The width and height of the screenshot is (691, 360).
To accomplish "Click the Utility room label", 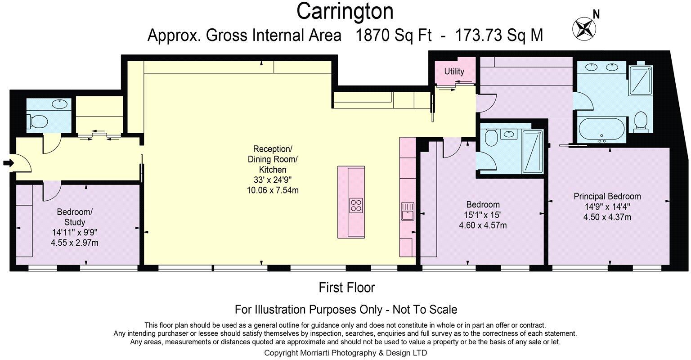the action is [454, 71].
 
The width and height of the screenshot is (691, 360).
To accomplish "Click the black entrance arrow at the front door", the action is [9, 163].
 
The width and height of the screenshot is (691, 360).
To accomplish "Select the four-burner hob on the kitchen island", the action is [356, 206].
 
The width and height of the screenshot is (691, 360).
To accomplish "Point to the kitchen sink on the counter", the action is [408, 211].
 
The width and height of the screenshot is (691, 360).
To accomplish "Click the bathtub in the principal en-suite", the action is [601, 130].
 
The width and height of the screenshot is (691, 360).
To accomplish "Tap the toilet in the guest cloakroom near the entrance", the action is [37, 121].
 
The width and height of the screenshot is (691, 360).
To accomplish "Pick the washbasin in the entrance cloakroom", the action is [59, 104].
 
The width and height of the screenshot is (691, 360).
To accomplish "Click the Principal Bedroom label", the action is [607, 197].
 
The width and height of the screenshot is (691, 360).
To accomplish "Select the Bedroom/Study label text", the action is [75, 217].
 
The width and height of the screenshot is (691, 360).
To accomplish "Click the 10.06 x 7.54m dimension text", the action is [273, 190].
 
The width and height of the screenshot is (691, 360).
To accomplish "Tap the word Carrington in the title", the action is [345, 11].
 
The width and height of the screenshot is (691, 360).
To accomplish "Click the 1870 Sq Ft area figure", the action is [394, 35].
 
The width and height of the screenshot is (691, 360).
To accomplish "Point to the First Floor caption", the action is [347, 288].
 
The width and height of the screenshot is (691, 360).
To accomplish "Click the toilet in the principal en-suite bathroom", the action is [641, 121].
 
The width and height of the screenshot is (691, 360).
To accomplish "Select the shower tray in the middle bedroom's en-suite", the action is [532, 152].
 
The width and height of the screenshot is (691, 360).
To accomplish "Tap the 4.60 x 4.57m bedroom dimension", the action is [483, 225].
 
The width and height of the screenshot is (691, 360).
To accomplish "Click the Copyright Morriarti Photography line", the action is [345, 353].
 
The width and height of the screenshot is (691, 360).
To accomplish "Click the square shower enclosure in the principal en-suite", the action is [641, 80].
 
